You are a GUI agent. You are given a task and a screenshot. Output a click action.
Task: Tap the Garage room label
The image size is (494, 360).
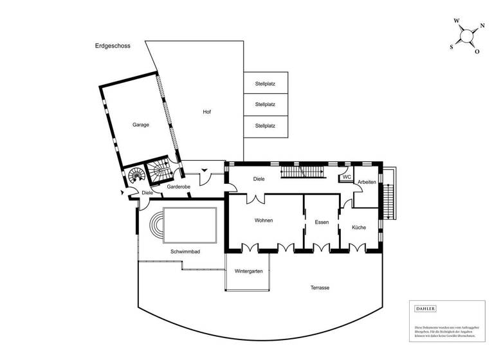click(141, 125)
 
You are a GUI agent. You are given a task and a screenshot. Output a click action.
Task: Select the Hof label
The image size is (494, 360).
click(206, 112)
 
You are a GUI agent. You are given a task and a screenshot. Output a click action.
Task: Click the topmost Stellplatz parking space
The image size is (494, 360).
click(265, 83)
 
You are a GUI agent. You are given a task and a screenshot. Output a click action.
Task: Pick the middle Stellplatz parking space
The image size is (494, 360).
click(265, 104)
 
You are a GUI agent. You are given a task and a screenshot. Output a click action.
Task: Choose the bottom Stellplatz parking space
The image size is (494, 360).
click(265, 125)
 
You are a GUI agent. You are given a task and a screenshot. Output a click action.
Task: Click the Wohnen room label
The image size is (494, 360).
click(264, 221)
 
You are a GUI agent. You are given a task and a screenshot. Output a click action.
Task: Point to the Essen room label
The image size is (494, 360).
click(322, 222)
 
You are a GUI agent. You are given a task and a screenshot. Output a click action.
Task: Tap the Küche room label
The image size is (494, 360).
click(359, 228)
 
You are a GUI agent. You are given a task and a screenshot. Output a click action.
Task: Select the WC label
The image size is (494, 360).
click(346, 177)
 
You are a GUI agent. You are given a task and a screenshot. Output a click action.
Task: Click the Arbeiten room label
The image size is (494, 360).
click(367, 182)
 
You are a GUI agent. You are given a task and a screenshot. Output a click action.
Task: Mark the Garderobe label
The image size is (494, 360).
click(178, 186)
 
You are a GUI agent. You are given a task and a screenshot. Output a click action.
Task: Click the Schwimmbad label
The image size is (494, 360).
click(185, 252)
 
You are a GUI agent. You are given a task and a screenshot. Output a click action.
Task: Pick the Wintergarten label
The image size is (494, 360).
click(248, 271)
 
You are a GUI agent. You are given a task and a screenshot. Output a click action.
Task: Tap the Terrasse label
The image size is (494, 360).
click(318, 287)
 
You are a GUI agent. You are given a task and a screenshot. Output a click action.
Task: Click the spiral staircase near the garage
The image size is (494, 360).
click(136, 175)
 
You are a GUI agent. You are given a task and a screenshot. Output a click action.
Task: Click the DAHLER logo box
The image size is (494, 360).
click(425, 309)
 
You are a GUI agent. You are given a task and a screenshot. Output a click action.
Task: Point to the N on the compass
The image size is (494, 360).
click(482, 25)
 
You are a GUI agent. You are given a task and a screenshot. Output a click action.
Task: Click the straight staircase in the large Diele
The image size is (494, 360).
click(302, 172)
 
